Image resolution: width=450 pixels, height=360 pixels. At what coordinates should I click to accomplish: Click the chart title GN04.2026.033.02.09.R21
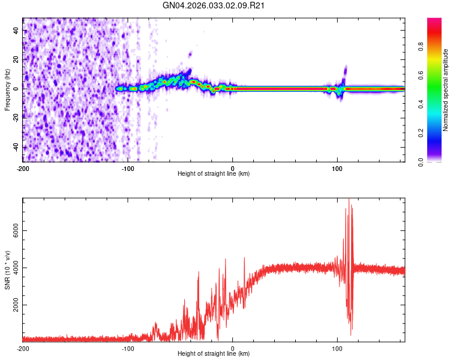coord(214,5)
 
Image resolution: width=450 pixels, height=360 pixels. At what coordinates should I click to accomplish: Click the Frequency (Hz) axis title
coord(7,89)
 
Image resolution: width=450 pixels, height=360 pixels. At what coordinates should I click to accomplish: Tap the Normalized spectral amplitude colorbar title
coord(446,90)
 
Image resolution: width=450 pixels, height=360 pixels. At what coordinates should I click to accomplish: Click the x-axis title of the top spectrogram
coord(214,173)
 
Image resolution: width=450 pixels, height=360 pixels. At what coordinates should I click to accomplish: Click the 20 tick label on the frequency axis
coord(17,59)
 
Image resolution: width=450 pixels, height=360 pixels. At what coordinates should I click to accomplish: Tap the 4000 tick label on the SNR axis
coord(13,268)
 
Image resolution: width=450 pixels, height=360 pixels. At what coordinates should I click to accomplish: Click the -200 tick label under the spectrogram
coord(23,167)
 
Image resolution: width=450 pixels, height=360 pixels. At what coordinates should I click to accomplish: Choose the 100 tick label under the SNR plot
coord(337,347)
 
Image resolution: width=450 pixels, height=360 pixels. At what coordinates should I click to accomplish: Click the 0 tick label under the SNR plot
coord(233,347)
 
